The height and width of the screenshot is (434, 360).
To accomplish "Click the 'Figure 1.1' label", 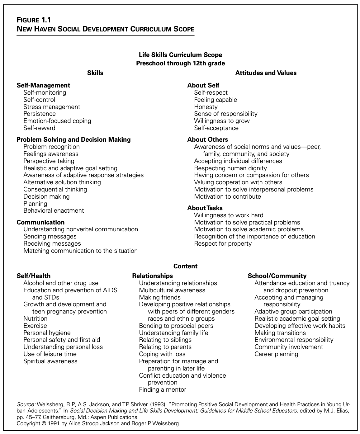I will click(34, 20).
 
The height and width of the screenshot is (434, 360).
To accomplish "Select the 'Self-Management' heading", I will click(43, 85).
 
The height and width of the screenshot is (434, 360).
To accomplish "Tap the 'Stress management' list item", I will click(52, 107).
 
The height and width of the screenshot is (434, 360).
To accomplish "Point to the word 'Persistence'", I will click(40, 114).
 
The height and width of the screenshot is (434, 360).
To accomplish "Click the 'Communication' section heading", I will click(40, 222).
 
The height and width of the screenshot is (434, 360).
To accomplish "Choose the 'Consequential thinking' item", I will click(55, 189).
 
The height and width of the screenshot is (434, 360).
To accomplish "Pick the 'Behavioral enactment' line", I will click(54, 211).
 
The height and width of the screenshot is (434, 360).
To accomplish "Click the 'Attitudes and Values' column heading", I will click(266, 73).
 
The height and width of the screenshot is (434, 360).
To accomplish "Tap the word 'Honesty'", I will click(206, 107).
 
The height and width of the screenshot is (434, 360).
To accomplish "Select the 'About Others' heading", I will click(208, 139).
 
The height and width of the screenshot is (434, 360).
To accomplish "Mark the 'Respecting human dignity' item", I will click(230, 168).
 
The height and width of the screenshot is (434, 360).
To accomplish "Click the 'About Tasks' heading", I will click(205, 208).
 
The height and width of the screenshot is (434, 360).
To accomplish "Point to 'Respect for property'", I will click(223, 243).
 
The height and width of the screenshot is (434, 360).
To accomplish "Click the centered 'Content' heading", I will click(185, 266).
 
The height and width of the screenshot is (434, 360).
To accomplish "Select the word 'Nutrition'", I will click(36, 318).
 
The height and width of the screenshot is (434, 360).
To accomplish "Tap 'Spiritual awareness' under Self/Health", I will click(50, 361).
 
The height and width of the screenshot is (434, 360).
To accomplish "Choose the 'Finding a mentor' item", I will click(163, 389).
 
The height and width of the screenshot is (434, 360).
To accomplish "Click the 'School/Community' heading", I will click(277, 276).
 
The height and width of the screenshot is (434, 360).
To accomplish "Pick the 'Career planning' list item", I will click(276, 354).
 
